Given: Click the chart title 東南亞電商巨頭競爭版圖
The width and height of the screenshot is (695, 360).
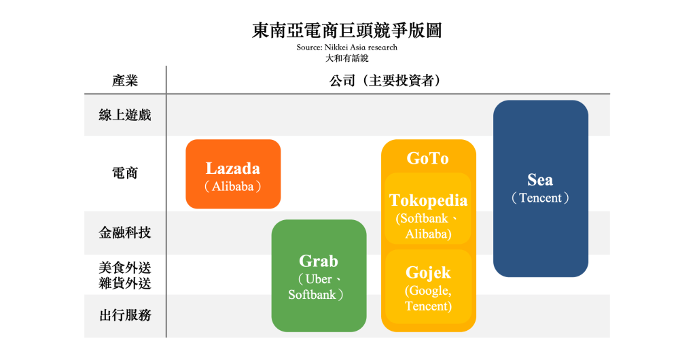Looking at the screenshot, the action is point(347,31).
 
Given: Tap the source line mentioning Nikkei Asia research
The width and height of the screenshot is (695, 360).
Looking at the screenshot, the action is point(347,48).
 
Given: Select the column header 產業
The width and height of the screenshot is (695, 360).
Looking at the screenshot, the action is point(125,81).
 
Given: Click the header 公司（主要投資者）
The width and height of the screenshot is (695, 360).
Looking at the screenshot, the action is point(385,81).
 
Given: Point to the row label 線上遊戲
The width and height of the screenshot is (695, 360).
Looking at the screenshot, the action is point(125,115).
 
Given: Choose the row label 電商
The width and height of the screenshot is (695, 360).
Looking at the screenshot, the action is point(125,173).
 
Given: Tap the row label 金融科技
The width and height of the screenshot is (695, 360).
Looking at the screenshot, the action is point(125,233).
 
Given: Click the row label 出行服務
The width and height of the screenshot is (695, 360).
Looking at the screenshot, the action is point(125,315).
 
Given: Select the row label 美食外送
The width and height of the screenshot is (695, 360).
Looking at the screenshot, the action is point(125,268).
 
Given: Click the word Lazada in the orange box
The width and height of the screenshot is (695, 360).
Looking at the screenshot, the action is point(233,168).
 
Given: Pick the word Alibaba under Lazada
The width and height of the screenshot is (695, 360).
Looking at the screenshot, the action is point(233,187).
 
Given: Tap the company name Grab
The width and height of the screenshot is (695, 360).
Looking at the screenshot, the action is point(319,261).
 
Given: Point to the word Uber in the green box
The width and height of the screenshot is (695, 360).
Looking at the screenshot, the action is point(319,279).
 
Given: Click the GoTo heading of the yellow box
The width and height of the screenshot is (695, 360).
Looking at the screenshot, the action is point(428,158).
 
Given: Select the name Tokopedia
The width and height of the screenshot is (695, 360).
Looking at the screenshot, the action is point(428,200).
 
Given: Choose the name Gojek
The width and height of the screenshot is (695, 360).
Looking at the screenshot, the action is point(428,272).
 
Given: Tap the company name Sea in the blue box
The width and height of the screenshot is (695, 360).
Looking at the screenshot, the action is point(540,179).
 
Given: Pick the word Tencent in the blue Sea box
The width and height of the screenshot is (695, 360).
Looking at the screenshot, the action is point(540,198).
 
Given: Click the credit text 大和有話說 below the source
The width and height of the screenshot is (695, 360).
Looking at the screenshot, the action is point(347,58).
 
